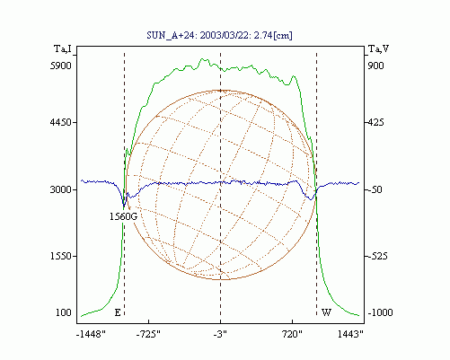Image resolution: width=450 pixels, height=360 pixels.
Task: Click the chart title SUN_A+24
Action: click(x=170, y=35)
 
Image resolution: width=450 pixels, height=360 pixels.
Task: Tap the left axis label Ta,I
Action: click(x=63, y=48)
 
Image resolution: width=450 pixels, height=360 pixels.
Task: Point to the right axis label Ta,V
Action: click(x=378, y=48)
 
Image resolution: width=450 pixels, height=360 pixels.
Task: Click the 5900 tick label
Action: click(x=61, y=66)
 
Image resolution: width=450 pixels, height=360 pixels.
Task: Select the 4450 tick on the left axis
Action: click(x=61, y=122)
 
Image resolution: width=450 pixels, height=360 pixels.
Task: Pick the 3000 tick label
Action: click(x=61, y=189)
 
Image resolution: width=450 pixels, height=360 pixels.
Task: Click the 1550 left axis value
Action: click(x=61, y=256)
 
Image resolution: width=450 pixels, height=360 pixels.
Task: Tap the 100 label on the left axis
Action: click(x=64, y=312)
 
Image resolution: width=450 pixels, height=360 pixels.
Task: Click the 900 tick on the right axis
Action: click(x=375, y=66)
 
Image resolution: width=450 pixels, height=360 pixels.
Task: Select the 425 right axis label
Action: click(x=375, y=122)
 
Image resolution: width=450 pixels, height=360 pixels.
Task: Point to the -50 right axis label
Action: click(x=375, y=189)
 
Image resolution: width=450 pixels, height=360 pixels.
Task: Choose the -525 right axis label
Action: click(x=377, y=256)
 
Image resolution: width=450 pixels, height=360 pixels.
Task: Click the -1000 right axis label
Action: click(x=380, y=312)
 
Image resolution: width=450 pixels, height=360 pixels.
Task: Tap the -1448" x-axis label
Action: click(x=91, y=334)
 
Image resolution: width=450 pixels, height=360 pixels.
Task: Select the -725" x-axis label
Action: click(x=148, y=334)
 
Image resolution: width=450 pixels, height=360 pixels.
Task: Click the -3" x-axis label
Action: click(x=220, y=334)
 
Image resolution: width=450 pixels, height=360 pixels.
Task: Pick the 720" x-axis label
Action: click(x=293, y=334)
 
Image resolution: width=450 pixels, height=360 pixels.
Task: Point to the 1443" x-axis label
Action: click(x=350, y=334)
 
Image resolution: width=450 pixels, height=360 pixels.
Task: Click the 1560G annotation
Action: click(x=123, y=216)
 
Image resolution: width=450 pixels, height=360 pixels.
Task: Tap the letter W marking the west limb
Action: click(x=326, y=312)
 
